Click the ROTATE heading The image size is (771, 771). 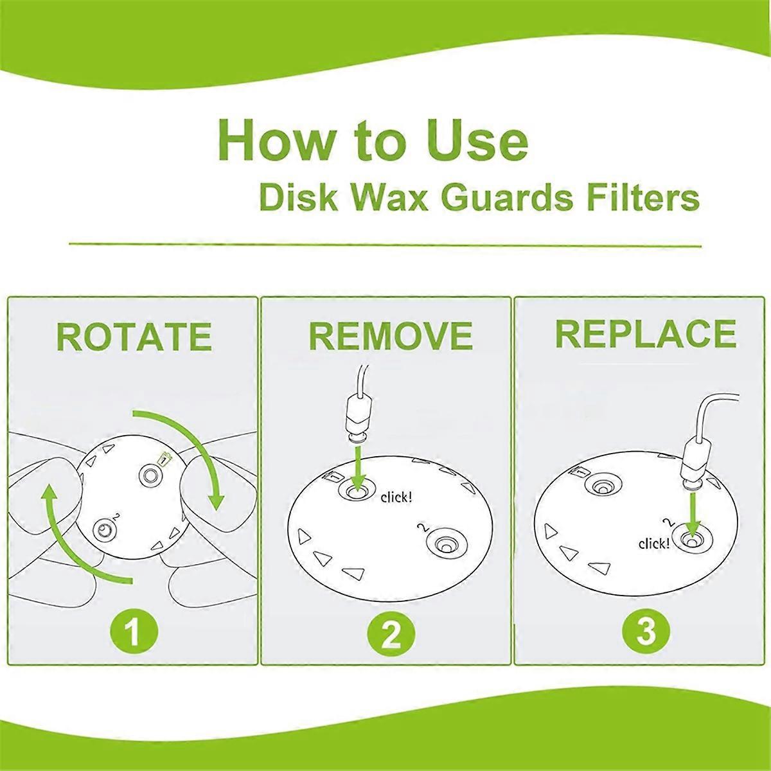[134, 336]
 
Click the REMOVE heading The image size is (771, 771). [391, 335]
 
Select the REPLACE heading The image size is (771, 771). [645, 333]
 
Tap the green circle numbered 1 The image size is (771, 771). [133, 632]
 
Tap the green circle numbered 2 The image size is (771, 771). [390, 632]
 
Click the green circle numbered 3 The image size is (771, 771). [646, 632]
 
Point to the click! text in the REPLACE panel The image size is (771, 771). [653, 544]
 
